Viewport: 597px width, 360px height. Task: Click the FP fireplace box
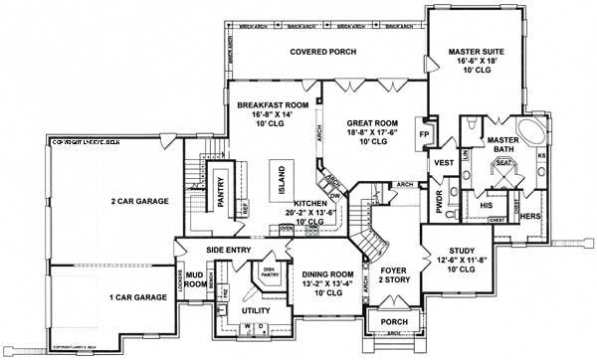[422, 132]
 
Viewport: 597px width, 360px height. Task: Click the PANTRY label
[222, 188]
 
